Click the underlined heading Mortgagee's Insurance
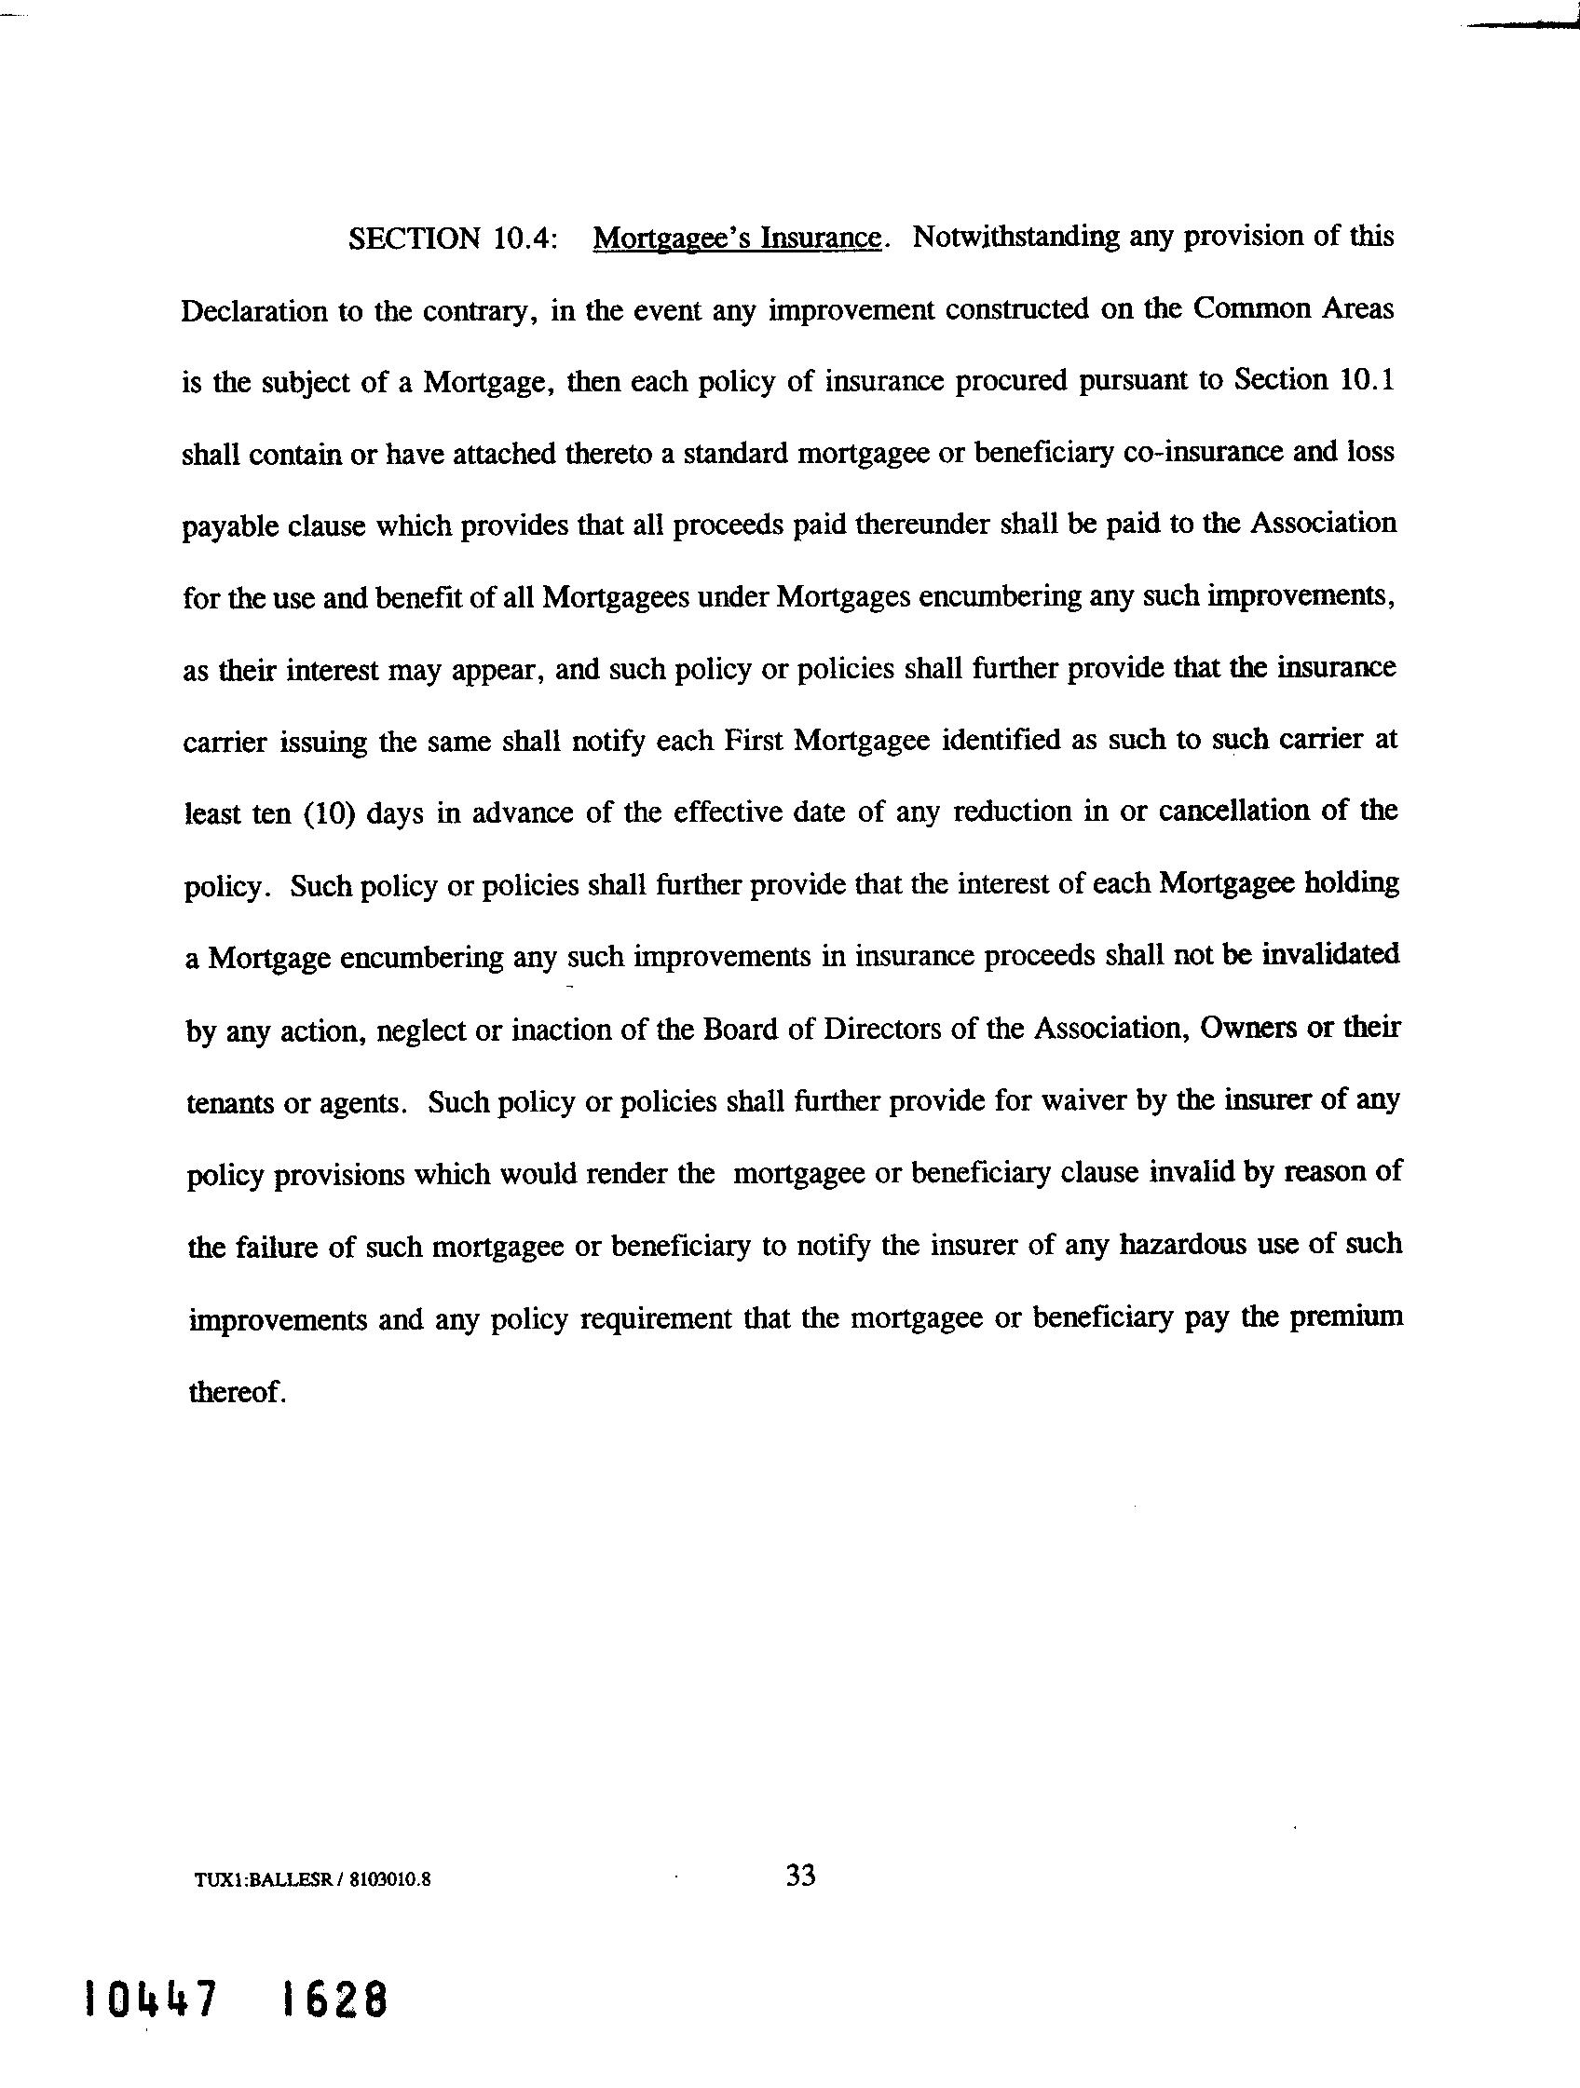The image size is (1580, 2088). pos(738,238)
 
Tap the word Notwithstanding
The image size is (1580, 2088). pos(1015,236)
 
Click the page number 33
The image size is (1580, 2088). pos(800,1875)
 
